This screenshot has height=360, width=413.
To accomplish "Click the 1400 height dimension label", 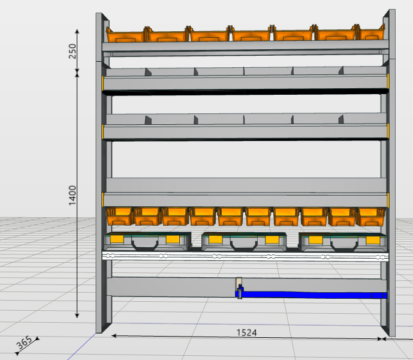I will [x=73, y=195].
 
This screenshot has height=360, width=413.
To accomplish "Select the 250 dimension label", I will [x=73, y=50].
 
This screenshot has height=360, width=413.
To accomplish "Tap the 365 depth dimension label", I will [x=23, y=344].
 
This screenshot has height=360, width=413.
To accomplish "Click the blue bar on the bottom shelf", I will [x=312, y=295].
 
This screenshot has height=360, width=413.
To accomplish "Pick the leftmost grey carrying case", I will [x=147, y=241].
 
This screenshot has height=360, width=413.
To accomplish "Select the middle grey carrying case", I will [x=245, y=241].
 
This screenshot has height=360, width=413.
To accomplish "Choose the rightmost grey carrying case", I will [x=343, y=241].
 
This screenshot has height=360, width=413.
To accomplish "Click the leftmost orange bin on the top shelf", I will [x=125, y=34].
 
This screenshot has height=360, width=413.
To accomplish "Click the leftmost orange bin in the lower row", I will [x=119, y=216].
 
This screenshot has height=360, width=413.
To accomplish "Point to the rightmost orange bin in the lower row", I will [x=370, y=216].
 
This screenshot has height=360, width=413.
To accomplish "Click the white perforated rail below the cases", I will [x=246, y=256].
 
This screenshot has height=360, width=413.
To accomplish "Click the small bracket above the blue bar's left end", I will [x=239, y=283].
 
